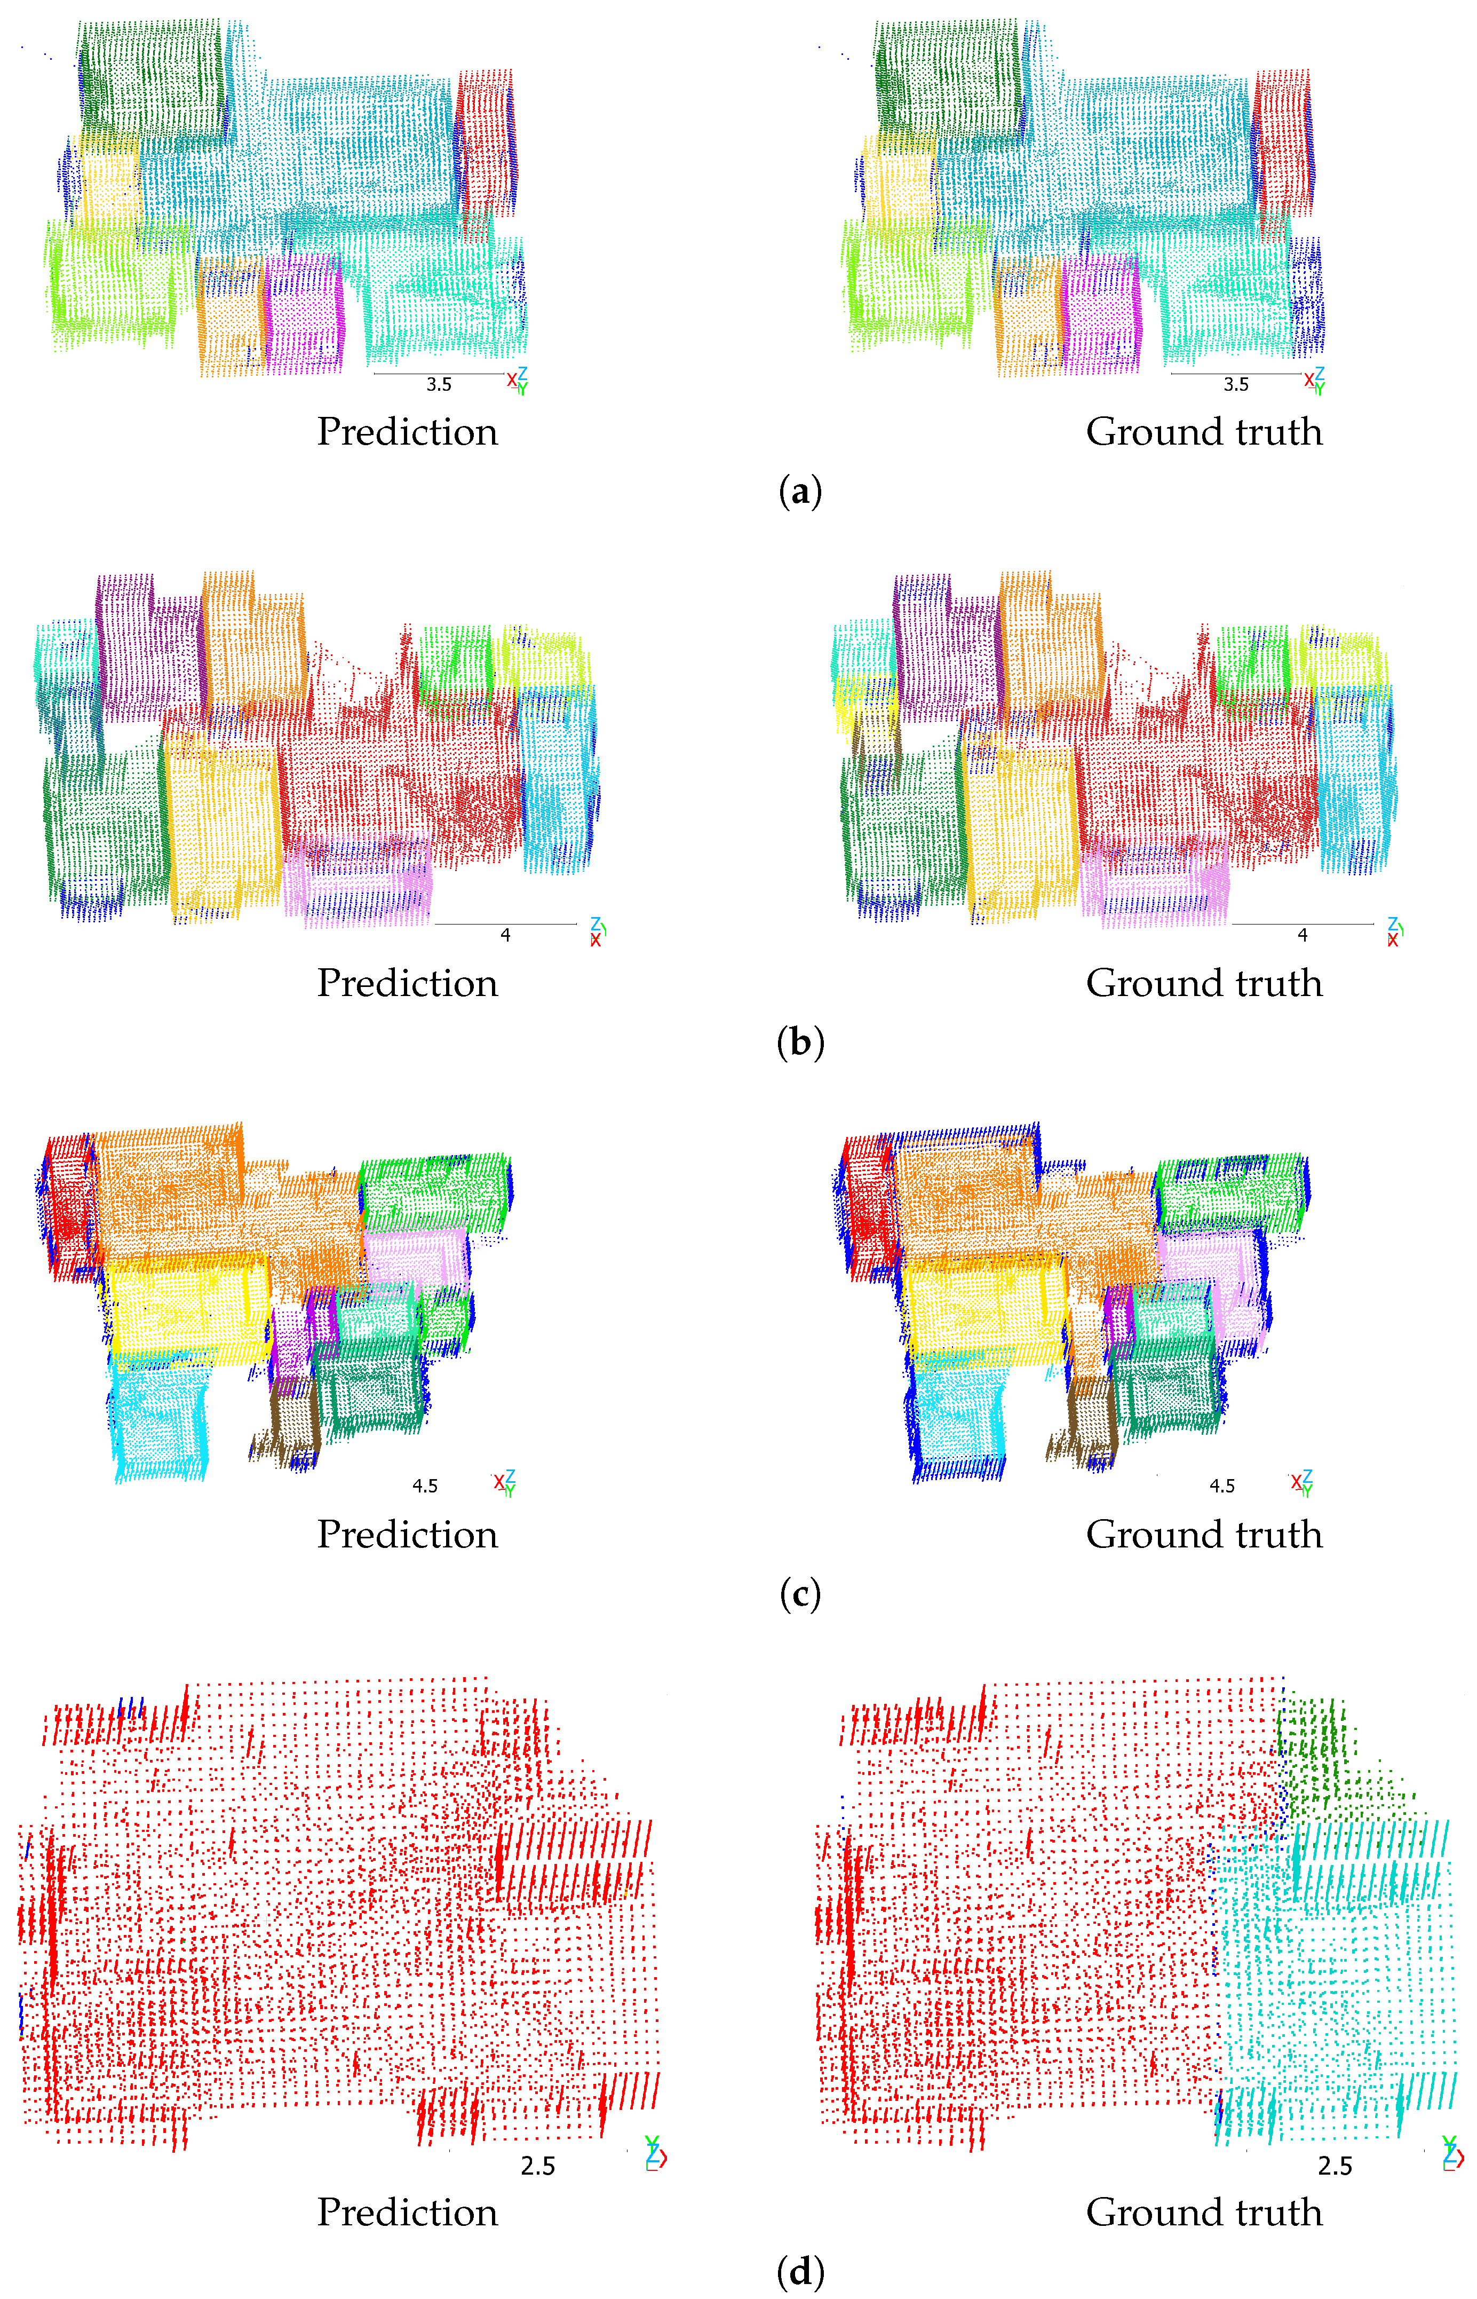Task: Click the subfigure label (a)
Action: click(800, 493)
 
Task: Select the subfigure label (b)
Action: click(800, 1044)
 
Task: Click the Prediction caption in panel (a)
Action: click(408, 432)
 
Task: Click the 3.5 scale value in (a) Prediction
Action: click(438, 385)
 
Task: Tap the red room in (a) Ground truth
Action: click(1282, 144)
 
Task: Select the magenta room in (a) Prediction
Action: click(305, 312)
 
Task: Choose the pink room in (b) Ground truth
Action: click(1156, 882)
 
